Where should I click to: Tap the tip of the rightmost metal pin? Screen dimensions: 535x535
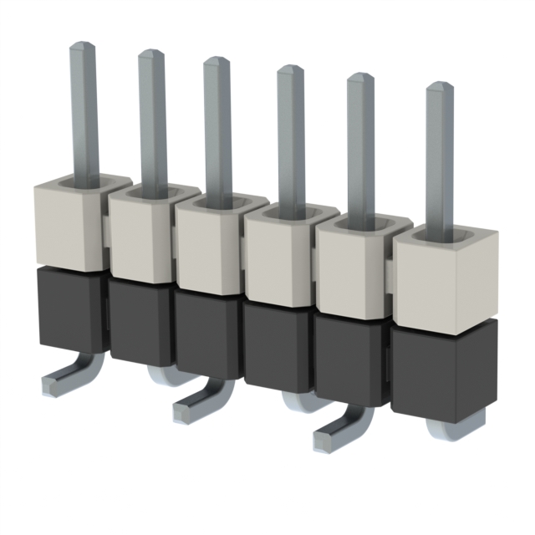click(439, 87)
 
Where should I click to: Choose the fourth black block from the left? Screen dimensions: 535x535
click(276, 347)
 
